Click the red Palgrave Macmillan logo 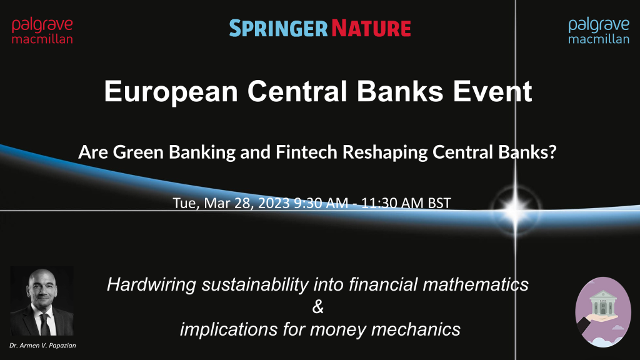[x=42, y=31]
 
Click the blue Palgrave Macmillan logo [x=599, y=31]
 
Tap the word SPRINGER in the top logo [x=278, y=28]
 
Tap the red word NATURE [x=371, y=28]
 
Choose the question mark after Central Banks [x=552, y=152]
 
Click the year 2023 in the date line [x=274, y=203]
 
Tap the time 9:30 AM [x=321, y=203]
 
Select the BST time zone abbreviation [x=439, y=203]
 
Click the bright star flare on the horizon [x=515, y=210]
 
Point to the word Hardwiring [x=151, y=284]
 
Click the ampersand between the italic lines [x=318, y=306]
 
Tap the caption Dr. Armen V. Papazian [x=42, y=345]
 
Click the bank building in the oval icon [x=603, y=302]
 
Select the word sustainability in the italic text [x=255, y=284]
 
